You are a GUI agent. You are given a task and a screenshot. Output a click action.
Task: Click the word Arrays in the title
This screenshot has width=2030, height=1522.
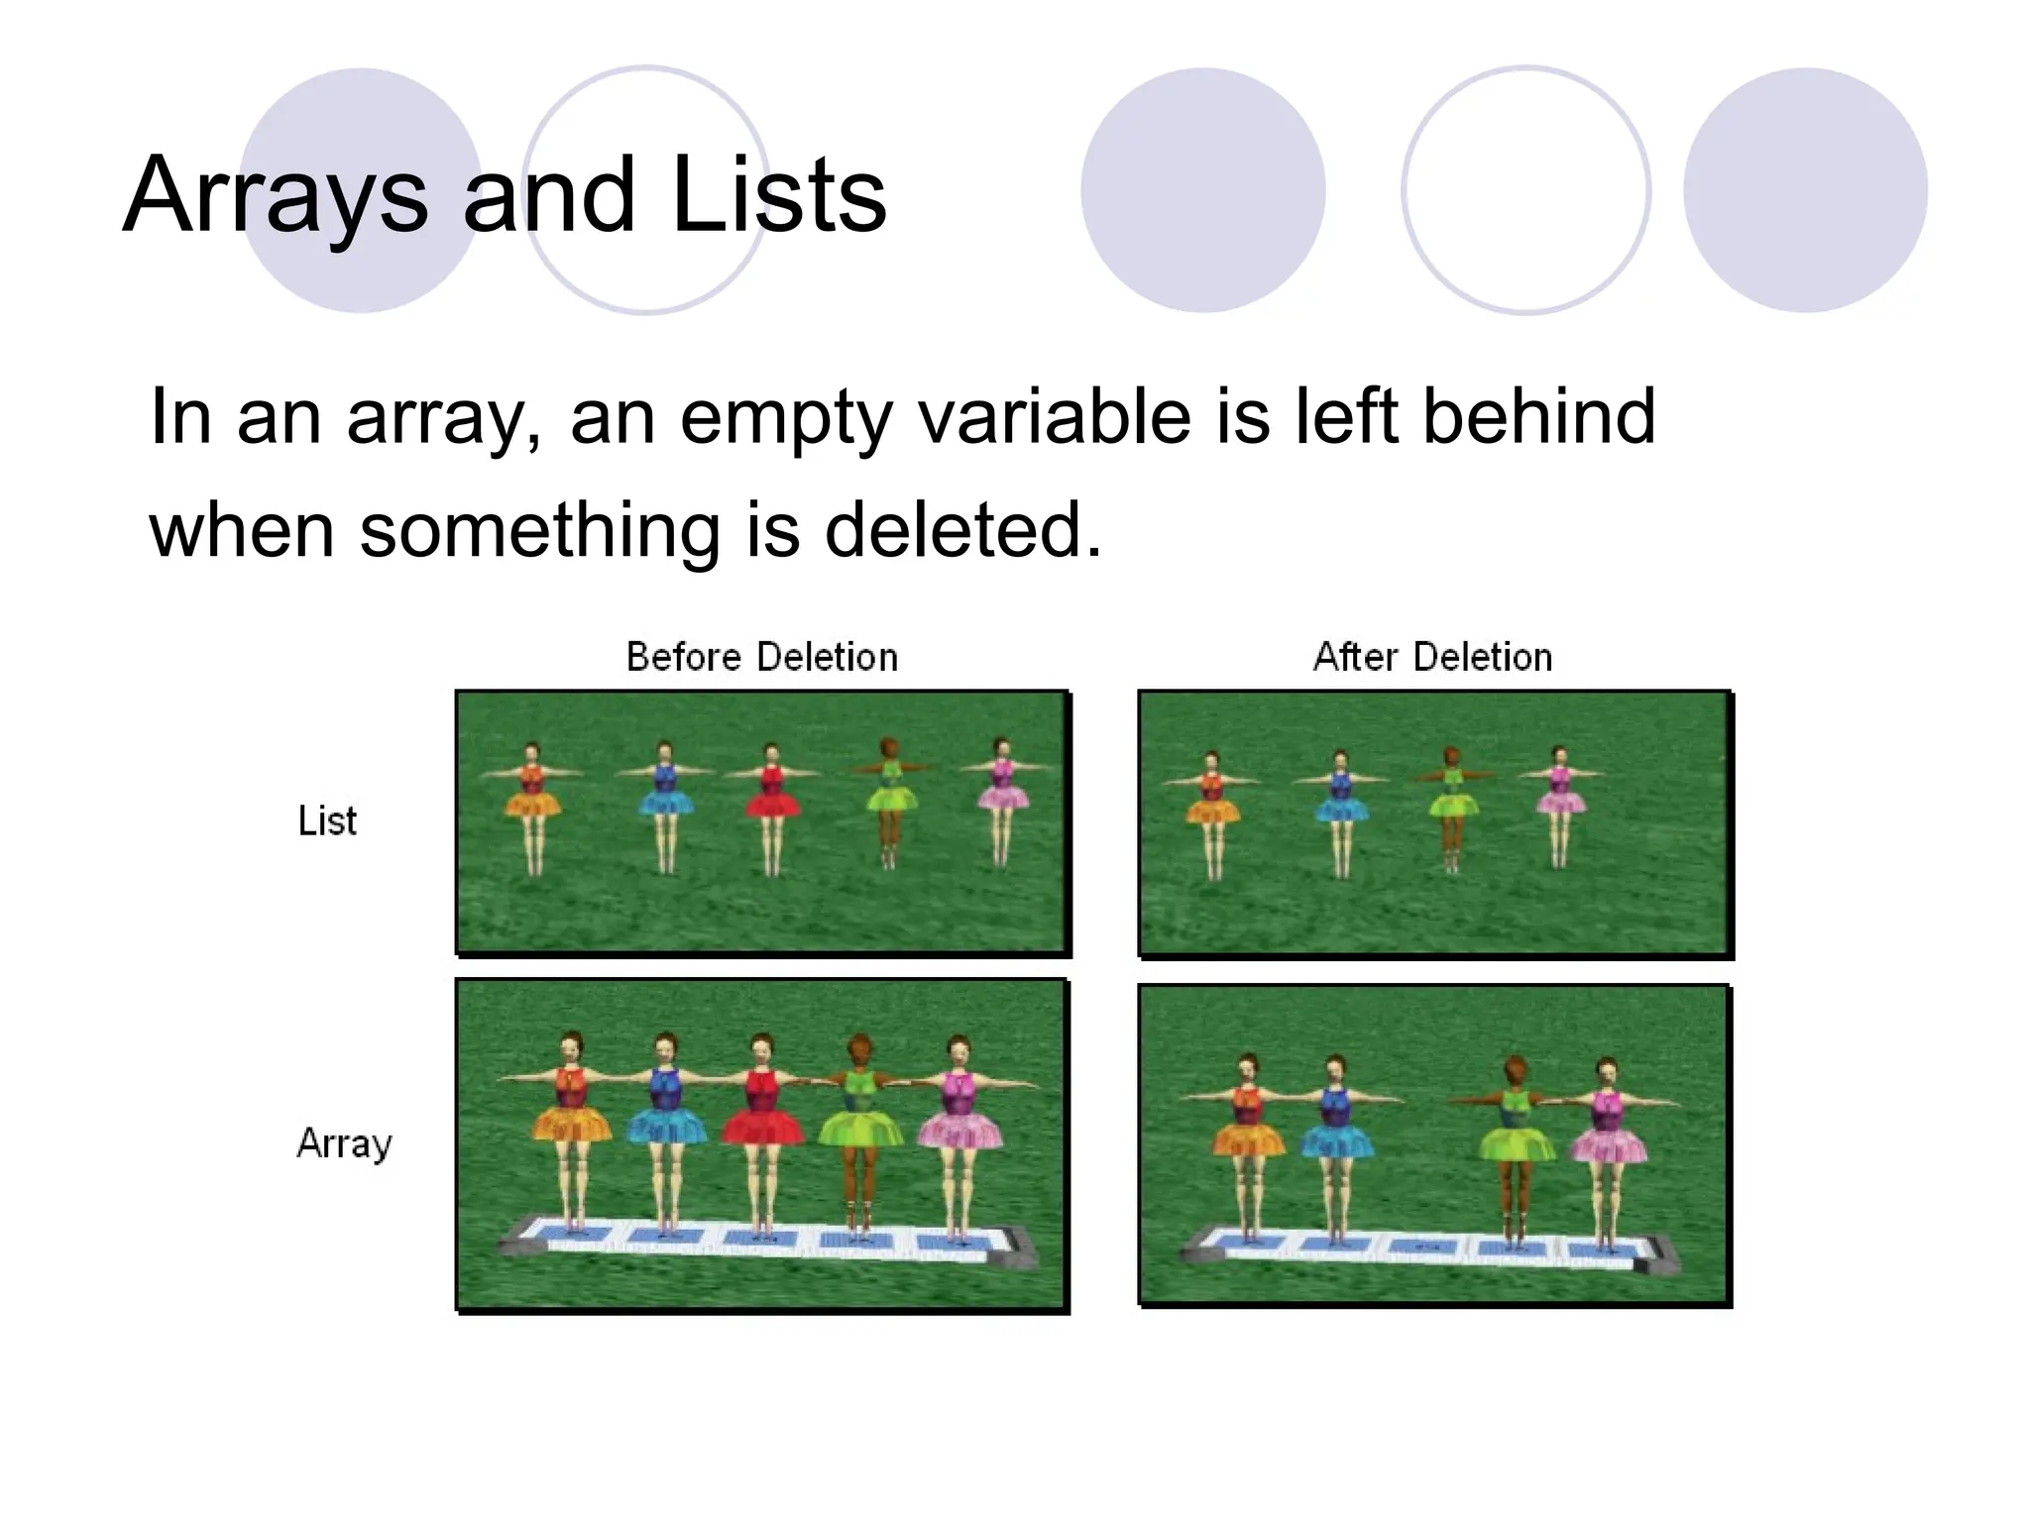(276, 196)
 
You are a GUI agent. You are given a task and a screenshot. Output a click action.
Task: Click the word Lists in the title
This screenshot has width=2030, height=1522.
(778, 196)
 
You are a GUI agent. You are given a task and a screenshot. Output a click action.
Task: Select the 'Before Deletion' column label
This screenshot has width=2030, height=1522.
(761, 657)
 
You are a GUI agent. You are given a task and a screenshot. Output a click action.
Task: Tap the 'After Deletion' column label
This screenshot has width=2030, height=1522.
(1432, 657)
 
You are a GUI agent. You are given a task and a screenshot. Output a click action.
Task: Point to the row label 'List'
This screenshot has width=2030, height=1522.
(327, 820)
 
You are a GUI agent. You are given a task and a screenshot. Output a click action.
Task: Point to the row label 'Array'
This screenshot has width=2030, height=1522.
(344, 1143)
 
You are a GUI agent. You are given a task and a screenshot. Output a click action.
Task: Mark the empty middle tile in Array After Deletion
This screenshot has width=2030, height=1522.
(1425, 1248)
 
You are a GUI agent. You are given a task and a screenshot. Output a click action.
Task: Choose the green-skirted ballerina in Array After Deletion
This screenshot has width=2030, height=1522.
(1515, 1140)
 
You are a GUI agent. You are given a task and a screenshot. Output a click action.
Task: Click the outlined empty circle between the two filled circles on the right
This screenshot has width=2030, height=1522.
(1525, 190)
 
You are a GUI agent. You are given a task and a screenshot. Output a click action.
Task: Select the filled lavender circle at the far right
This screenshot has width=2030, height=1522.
(1805, 190)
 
